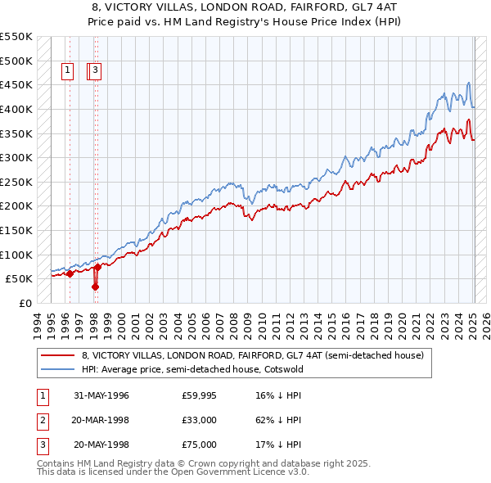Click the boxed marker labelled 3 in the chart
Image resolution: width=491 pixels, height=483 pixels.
(x=96, y=71)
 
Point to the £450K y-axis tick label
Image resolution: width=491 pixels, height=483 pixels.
(x=16, y=84)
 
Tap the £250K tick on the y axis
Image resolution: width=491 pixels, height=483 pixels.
(x=16, y=182)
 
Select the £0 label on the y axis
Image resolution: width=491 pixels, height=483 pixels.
(x=25, y=303)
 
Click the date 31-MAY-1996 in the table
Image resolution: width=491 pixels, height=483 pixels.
(x=101, y=395)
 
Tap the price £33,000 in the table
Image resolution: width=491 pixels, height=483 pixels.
(x=199, y=420)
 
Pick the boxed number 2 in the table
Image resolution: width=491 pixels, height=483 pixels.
(x=42, y=420)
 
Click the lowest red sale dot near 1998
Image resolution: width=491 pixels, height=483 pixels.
(x=96, y=287)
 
